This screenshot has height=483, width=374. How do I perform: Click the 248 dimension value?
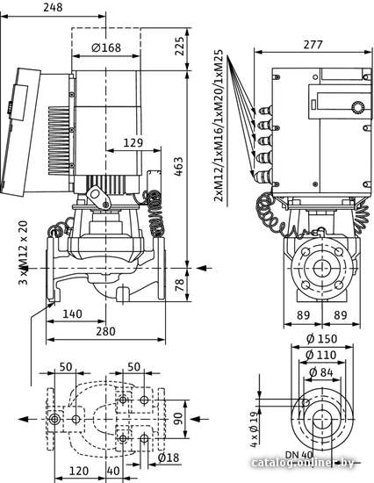point(53,7)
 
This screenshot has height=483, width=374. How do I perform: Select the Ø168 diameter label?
point(106,47)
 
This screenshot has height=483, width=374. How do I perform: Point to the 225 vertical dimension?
point(179,47)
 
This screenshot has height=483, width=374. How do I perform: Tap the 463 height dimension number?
point(179,167)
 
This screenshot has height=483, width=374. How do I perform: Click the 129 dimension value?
point(133,143)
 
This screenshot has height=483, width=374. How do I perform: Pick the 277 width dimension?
point(313,45)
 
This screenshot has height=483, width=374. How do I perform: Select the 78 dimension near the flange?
point(179,285)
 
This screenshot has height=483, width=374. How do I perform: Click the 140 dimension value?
point(72,314)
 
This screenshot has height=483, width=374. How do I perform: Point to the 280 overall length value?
point(105,331)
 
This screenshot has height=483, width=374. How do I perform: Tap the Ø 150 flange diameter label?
point(322,339)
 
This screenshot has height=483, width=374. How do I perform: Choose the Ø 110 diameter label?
point(321,355)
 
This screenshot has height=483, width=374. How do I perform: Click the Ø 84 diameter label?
point(321,372)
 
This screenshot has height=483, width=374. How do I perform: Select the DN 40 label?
point(298,455)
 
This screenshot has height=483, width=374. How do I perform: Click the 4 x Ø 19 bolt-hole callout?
point(254,429)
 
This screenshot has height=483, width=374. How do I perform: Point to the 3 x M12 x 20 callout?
point(24,253)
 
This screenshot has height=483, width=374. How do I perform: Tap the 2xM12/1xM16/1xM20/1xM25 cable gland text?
point(219,126)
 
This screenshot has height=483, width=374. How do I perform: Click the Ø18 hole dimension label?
point(169,458)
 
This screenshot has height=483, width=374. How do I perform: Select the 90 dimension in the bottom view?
point(178,419)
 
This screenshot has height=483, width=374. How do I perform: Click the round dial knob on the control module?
point(357,108)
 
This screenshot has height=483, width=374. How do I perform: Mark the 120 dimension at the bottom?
point(78,471)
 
